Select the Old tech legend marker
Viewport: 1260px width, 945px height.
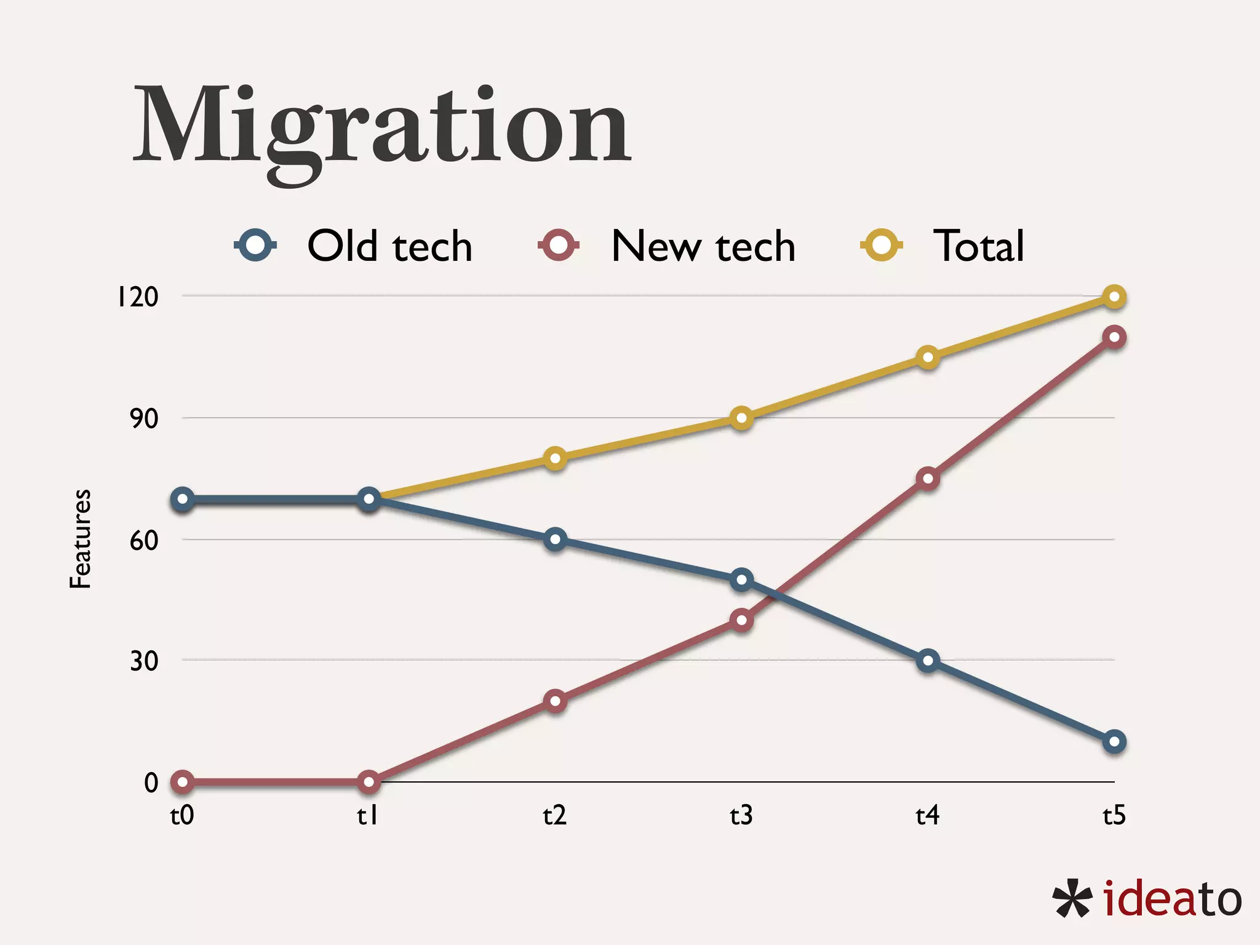tap(255, 245)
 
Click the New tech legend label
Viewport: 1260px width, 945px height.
tap(703, 246)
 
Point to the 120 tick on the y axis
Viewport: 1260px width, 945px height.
tap(138, 297)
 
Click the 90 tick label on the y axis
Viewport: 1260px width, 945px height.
tap(144, 418)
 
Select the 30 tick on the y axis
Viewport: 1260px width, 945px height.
tap(144, 661)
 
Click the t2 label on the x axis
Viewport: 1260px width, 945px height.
tap(554, 816)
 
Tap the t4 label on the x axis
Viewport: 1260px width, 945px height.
tap(927, 816)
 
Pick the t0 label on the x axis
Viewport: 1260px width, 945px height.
tap(182, 816)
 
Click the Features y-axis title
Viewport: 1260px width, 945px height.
tap(81, 539)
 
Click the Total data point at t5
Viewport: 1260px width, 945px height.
tap(1114, 297)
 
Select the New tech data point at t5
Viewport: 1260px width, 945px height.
tap(1114, 337)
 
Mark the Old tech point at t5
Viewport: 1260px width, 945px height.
tap(1114, 742)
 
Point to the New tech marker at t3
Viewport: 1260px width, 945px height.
tap(742, 620)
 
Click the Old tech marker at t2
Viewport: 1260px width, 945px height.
tap(555, 540)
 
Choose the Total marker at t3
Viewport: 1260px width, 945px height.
tap(742, 418)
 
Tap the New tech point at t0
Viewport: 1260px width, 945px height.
tap(182, 782)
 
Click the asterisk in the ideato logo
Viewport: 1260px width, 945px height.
tap(1072, 899)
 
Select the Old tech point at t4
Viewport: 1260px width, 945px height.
tap(928, 661)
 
